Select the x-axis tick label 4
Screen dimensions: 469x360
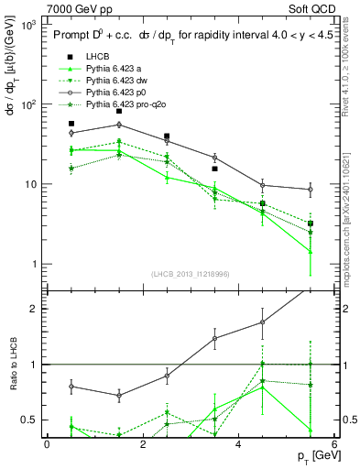pos(239,445)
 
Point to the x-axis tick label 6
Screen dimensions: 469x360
pos(335,445)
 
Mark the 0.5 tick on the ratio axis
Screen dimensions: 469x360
pos(33,420)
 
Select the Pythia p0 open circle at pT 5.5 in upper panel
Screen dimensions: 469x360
pos(311,190)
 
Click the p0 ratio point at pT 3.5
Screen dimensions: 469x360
pos(214,338)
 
